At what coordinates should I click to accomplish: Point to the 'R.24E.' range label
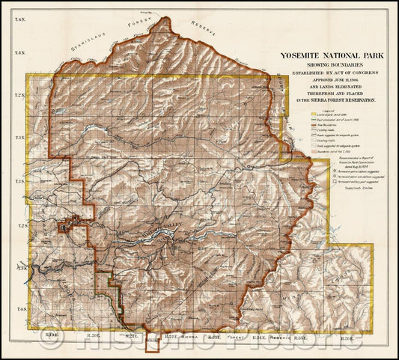[x=260, y=338]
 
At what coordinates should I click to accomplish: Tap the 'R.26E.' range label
[x=346, y=338]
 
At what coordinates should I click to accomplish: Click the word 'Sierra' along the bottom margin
[x=191, y=338]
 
